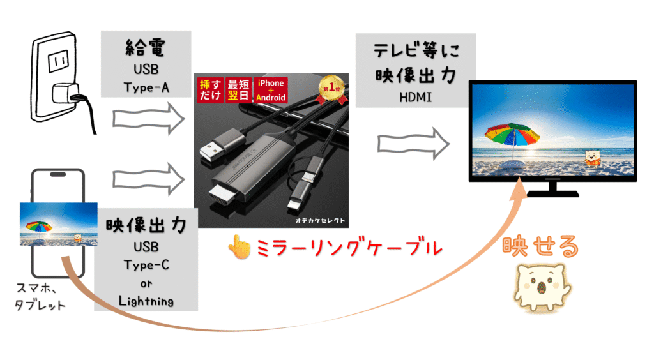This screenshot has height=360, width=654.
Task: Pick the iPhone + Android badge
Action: tap(270, 91)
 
